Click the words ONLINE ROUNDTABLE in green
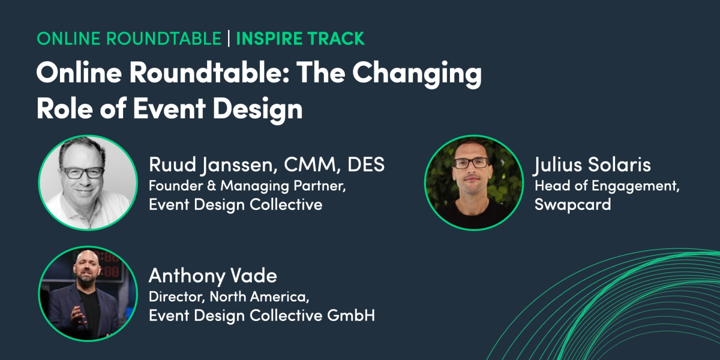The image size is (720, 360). [x=129, y=39]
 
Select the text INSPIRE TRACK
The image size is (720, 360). [x=300, y=39]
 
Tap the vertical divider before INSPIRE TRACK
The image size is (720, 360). [x=229, y=39]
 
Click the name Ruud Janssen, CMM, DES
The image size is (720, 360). [x=266, y=165]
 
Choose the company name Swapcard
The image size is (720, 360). [x=572, y=204]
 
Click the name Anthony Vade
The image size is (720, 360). [x=212, y=276]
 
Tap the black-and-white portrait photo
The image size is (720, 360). [x=88, y=182]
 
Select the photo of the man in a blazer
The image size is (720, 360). [x=88, y=293]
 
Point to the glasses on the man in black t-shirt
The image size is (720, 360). [x=471, y=163]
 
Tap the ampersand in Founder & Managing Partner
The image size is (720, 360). [x=212, y=186]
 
